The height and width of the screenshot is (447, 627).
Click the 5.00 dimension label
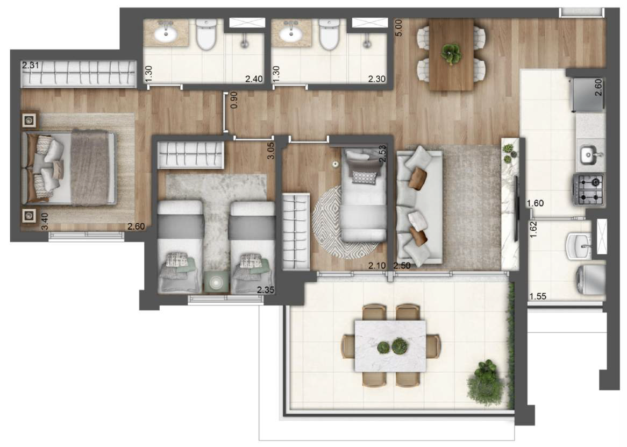(x=398, y=27)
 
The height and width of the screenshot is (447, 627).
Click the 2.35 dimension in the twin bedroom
(x=266, y=290)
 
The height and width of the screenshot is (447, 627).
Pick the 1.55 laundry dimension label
(x=538, y=296)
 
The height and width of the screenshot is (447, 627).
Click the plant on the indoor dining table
(x=451, y=52)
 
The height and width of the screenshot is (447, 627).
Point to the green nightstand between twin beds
(x=217, y=282)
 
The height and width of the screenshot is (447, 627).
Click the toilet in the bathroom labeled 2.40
(x=205, y=34)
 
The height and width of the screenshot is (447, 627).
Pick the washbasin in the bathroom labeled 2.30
(x=291, y=34)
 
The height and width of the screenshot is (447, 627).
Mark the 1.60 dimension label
(x=536, y=203)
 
